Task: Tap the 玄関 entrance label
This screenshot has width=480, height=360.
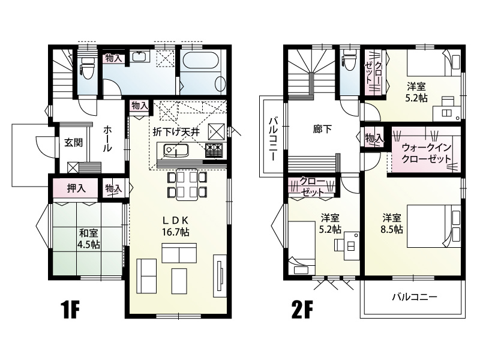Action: tap(73, 142)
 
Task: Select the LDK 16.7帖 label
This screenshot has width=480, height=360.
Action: tap(175, 226)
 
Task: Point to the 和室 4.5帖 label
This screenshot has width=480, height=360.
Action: tap(89, 239)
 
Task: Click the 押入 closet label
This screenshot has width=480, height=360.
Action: tap(76, 188)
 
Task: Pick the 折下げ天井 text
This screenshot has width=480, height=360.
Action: tap(176, 132)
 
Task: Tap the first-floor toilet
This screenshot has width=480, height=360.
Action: tap(87, 67)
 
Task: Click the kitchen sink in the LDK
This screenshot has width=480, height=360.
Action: tap(176, 150)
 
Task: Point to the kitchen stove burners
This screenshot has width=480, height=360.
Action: tap(215, 150)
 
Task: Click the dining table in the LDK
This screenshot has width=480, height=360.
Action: tap(187, 186)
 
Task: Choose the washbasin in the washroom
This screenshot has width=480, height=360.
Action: tap(140, 56)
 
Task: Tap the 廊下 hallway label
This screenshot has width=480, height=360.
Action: tap(322, 129)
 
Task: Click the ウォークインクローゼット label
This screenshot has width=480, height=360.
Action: tap(426, 153)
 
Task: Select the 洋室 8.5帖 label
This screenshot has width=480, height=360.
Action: tap(392, 224)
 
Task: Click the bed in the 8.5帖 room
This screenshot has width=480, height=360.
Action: tap(434, 226)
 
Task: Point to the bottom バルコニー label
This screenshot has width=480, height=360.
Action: tap(415, 296)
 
